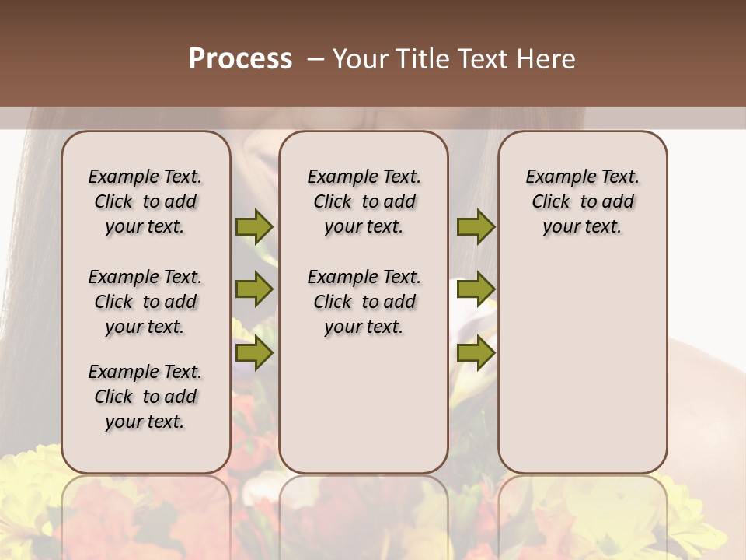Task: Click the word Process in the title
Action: pyautogui.click(x=240, y=59)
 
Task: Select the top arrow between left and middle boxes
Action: pyautogui.click(x=254, y=226)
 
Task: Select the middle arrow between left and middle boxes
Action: pyautogui.click(x=254, y=290)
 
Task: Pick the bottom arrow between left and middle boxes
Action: pyautogui.click(x=254, y=353)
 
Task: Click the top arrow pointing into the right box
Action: pyautogui.click(x=476, y=226)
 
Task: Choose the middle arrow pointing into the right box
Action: pyautogui.click(x=476, y=290)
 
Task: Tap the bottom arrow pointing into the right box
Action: pyautogui.click(x=476, y=353)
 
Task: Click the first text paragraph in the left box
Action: pyautogui.click(x=145, y=201)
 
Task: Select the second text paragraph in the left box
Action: pyautogui.click(x=145, y=302)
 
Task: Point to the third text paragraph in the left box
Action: pyautogui.click(x=145, y=397)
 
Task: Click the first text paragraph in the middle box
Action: pyautogui.click(x=364, y=201)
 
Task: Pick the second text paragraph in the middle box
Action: pyautogui.click(x=364, y=302)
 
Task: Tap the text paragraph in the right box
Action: pyautogui.click(x=582, y=201)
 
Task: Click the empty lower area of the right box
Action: pyautogui.click(x=582, y=366)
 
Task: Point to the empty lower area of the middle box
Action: pyautogui.click(x=364, y=404)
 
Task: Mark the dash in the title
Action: pyautogui.click(x=315, y=59)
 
